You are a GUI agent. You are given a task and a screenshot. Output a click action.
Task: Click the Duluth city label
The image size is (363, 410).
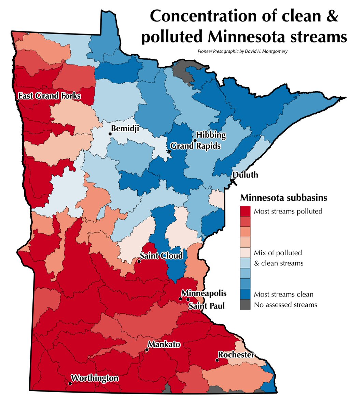pyautogui.click(x=246, y=175)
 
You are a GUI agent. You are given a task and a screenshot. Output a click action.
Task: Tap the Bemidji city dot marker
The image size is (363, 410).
pyautogui.click(x=110, y=134)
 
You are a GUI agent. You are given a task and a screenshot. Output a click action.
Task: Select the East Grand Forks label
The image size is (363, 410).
pyautogui.click(x=49, y=96)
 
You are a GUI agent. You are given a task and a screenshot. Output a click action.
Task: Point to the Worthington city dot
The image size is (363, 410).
pyautogui.click(x=70, y=383)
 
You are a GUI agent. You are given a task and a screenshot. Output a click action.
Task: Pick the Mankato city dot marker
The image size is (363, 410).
pyautogui.click(x=147, y=350)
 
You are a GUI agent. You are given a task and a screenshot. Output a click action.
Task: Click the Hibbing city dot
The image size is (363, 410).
pyautogui.click(x=195, y=140)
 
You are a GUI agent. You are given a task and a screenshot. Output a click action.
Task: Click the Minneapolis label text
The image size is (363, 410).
pyautogui.click(x=204, y=293)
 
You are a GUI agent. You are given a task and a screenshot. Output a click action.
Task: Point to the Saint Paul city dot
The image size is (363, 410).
pyautogui.click(x=188, y=299)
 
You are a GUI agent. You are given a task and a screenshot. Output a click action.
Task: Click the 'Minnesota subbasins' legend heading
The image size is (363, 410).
pyautogui.click(x=284, y=198)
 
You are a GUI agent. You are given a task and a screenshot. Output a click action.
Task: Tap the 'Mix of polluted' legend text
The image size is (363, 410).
pyautogui.click(x=278, y=253)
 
